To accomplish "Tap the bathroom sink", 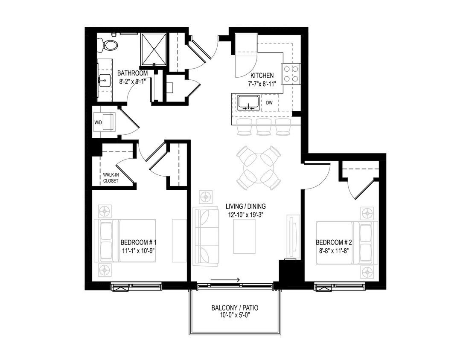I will pyautogui.click(x=103, y=79).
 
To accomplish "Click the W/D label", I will pyautogui.click(x=99, y=123).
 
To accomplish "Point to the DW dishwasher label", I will pyautogui.click(x=269, y=103).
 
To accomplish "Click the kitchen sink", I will pyautogui.click(x=248, y=103).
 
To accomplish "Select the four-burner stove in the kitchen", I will pyautogui.click(x=291, y=73).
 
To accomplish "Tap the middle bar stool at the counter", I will pyautogui.click(x=263, y=127).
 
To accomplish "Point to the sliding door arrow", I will pyautogui.click(x=225, y=280).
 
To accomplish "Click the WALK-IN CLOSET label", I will pyautogui.click(x=111, y=177).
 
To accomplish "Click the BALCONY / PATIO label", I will pyautogui.click(x=235, y=308).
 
